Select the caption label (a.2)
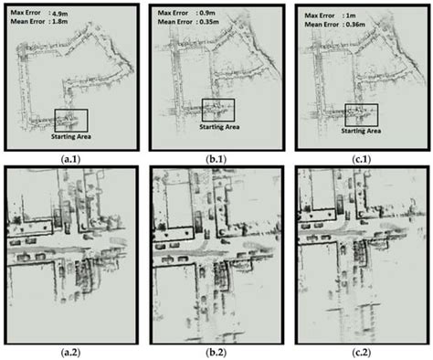tap(70, 351)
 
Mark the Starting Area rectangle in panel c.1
tap(362, 113)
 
